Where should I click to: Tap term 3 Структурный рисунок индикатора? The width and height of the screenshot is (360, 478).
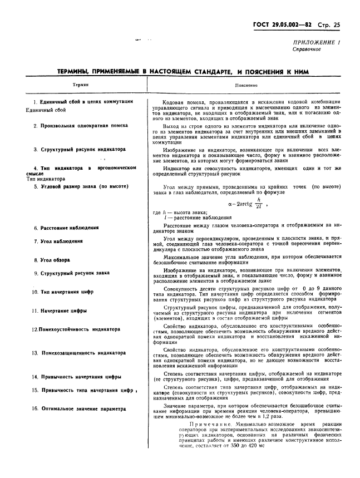[79, 150]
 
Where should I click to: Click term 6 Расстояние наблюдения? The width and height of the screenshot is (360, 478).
[66, 228]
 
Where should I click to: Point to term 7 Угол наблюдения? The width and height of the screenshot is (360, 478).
[58, 242]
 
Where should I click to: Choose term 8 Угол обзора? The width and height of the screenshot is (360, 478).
[51, 260]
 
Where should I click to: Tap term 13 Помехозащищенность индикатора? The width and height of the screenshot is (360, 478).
[78, 353]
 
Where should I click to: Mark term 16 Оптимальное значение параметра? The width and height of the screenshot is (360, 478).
[78, 408]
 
